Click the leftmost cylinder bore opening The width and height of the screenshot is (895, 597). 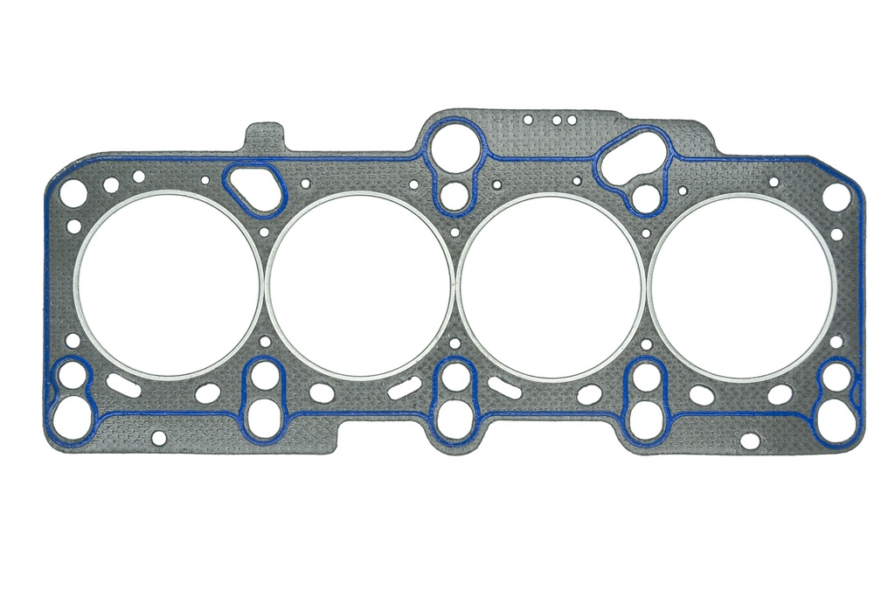[168, 285]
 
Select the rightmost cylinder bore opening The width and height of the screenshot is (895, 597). [743, 287]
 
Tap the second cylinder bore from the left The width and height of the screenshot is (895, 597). [360, 285]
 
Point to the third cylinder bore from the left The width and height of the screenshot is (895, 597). [552, 286]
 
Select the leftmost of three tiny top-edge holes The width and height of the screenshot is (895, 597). [528, 120]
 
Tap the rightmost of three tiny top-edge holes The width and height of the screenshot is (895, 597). [572, 120]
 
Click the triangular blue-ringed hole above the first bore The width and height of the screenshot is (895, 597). [254, 185]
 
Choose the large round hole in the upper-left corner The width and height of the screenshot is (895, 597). [73, 193]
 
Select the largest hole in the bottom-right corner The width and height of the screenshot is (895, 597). [836, 423]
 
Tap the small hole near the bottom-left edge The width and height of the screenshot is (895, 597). [159, 437]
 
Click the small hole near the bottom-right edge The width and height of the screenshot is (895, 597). [750, 441]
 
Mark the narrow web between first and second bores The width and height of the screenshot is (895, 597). [264, 285]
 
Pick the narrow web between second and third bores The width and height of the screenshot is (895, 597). [455, 286]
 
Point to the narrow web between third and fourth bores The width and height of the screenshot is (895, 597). [647, 286]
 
